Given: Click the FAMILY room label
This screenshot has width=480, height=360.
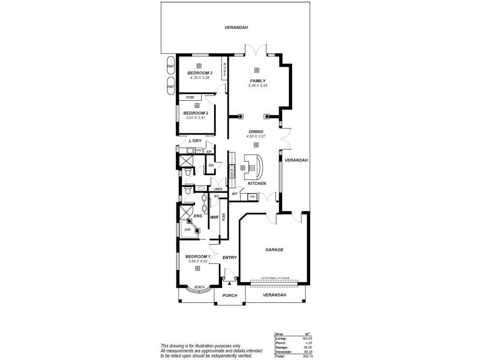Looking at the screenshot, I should (x=257, y=80).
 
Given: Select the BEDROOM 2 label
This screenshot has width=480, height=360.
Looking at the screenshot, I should (x=196, y=113).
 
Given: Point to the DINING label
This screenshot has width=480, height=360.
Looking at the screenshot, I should (x=256, y=131).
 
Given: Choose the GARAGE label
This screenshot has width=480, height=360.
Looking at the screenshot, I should (x=274, y=250).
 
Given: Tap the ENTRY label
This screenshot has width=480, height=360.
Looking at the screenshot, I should (x=230, y=257).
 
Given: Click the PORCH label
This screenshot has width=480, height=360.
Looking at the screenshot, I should (x=230, y=295).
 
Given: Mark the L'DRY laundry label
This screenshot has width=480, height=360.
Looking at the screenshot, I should (x=194, y=142).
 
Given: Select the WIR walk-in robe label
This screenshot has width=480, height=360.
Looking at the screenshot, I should (x=214, y=218).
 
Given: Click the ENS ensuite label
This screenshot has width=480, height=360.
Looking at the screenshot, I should (x=197, y=215).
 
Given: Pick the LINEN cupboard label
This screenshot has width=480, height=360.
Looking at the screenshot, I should (x=218, y=190).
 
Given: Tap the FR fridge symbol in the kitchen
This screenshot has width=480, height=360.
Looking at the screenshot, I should (x=253, y=196).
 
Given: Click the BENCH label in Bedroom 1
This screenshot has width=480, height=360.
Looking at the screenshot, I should (x=199, y=287).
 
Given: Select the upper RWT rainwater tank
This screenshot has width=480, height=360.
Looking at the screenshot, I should (x=171, y=67).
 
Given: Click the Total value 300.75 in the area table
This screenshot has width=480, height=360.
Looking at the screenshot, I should (x=308, y=356).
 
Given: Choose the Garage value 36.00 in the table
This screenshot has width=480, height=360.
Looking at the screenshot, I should (x=308, y=347).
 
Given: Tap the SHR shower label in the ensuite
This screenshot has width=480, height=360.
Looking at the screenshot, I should (x=187, y=229).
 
